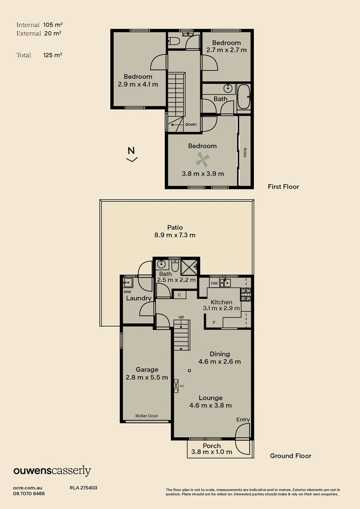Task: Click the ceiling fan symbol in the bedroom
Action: pyautogui.click(x=203, y=160)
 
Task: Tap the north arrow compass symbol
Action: pyautogui.click(x=132, y=154)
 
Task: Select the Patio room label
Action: pyautogui.click(x=175, y=228)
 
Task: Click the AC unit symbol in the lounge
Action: pyautogui.click(x=177, y=386)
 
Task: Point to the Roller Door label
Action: pyautogui.click(x=147, y=416)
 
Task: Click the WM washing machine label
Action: pyautogui.click(x=127, y=292)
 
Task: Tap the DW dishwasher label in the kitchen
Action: pyautogui.click(x=214, y=283)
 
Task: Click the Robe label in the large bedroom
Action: pyautogui.click(x=245, y=153)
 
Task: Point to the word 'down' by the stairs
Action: pyautogui.click(x=191, y=124)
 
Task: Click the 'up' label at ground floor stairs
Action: pyautogui.click(x=181, y=317)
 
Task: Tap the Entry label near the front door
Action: pyautogui.click(x=243, y=419)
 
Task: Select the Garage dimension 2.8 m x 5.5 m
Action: pyautogui.click(x=147, y=377)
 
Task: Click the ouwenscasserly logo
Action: pyautogui.click(x=52, y=470)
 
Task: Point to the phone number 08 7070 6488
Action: pyautogui.click(x=29, y=493)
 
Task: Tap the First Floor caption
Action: pyautogui.click(x=283, y=187)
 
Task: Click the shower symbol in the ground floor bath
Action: pyautogui.click(x=189, y=267)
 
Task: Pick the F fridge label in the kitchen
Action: pyautogui.click(x=214, y=322)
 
